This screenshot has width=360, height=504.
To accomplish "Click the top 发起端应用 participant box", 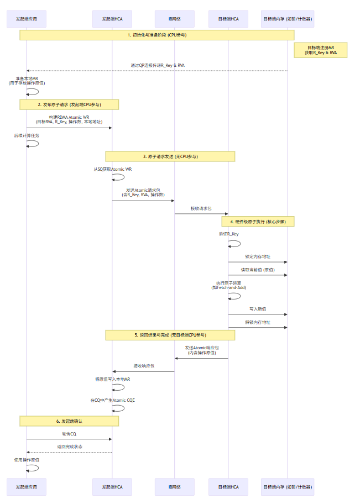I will [27, 19].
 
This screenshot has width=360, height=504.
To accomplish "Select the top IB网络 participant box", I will [174, 19].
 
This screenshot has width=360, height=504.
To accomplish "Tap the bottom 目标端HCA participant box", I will [228, 487].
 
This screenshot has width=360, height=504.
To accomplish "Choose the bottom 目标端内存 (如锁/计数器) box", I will [287, 487].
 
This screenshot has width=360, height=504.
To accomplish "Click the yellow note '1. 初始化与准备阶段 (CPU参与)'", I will [157, 35].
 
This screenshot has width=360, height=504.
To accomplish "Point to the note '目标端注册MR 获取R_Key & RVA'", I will [321, 50].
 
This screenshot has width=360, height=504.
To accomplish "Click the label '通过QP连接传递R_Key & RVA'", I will [158, 65].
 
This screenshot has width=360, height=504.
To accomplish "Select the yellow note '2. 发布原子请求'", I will [70, 104].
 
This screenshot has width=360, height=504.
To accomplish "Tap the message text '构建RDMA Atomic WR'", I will [69, 118].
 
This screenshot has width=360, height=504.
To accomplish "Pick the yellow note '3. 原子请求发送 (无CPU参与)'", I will [170, 156].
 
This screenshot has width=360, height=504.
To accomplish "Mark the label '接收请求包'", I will [201, 208].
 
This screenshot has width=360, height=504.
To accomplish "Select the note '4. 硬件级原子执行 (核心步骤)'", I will [258, 221].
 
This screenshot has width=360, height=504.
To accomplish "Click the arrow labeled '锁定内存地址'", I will [258, 262].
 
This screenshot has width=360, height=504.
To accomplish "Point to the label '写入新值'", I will [258, 309].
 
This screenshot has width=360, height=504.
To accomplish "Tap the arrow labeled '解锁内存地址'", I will [258, 327].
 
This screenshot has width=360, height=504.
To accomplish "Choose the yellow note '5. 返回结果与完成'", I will [170, 335].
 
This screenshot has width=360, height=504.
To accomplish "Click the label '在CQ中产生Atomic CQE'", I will [112, 400].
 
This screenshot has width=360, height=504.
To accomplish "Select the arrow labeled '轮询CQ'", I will [69, 439].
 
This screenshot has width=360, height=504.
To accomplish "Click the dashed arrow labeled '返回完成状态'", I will [69, 452].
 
